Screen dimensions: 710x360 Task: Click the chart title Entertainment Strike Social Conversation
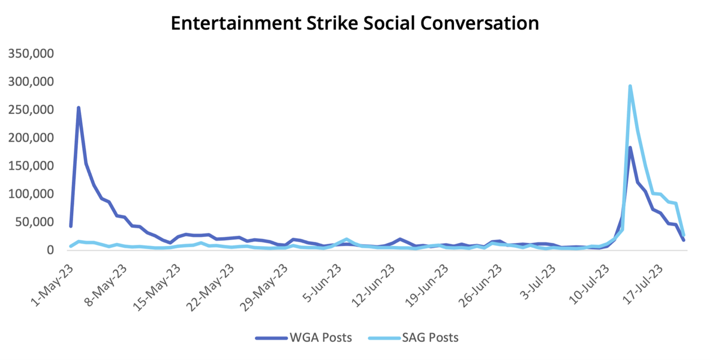tap(354, 23)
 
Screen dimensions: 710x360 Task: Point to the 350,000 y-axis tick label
tap(31, 54)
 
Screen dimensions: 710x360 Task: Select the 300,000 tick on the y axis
tap(31, 82)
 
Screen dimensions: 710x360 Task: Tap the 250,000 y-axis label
tap(31, 110)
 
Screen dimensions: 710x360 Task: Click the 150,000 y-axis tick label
tap(31, 166)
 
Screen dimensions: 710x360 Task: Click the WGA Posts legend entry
tap(304, 338)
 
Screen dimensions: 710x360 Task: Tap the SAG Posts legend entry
tap(413, 338)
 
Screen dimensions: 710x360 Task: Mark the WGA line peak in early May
tap(79, 108)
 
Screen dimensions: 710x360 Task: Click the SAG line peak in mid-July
tap(630, 86)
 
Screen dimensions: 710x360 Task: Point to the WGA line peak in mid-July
tap(630, 148)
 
